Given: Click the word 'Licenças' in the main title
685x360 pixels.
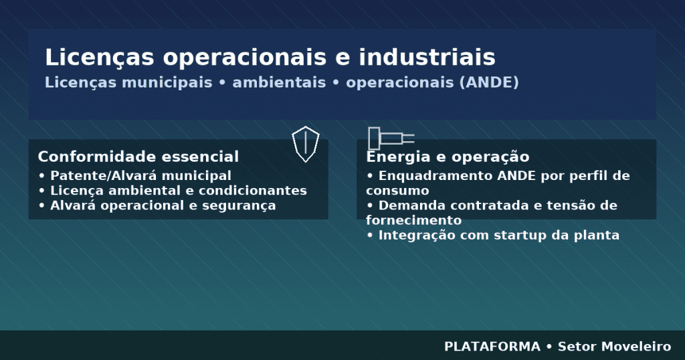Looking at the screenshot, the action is click(x=100, y=58).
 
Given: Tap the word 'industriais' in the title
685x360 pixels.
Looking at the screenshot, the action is click(x=427, y=58).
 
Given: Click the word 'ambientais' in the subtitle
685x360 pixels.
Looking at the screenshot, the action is click(x=279, y=82).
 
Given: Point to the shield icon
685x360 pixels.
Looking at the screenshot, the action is click(x=305, y=144).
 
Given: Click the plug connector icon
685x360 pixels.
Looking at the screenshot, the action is click(x=391, y=139).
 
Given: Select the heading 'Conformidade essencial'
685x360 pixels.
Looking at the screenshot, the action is click(x=138, y=157).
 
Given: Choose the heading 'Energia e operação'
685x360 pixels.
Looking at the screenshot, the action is click(x=448, y=157).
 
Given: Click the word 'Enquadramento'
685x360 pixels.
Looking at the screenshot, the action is click(x=435, y=175).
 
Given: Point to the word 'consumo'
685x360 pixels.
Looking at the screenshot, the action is click(x=397, y=191).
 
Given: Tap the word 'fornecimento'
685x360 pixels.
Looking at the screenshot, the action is click(x=413, y=220).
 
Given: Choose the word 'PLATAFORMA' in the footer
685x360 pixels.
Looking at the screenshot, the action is click(x=492, y=347).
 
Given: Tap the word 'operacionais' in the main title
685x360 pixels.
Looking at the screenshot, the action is click(x=245, y=58).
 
